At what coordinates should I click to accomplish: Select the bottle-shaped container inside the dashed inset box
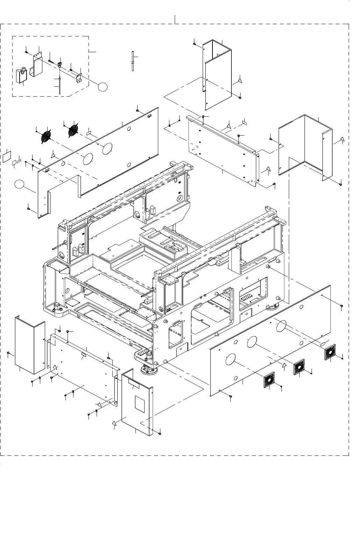click(22, 75)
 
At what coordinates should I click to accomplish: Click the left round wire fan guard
click(47, 135)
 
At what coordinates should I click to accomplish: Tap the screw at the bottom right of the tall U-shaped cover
click(240, 97)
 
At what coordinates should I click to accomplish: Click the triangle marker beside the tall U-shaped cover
click(239, 80)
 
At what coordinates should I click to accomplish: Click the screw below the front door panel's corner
click(160, 433)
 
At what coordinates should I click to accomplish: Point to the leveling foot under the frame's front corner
click(148, 368)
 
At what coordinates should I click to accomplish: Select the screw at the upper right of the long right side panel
click(342, 306)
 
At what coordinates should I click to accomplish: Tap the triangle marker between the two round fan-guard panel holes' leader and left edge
click(53, 154)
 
